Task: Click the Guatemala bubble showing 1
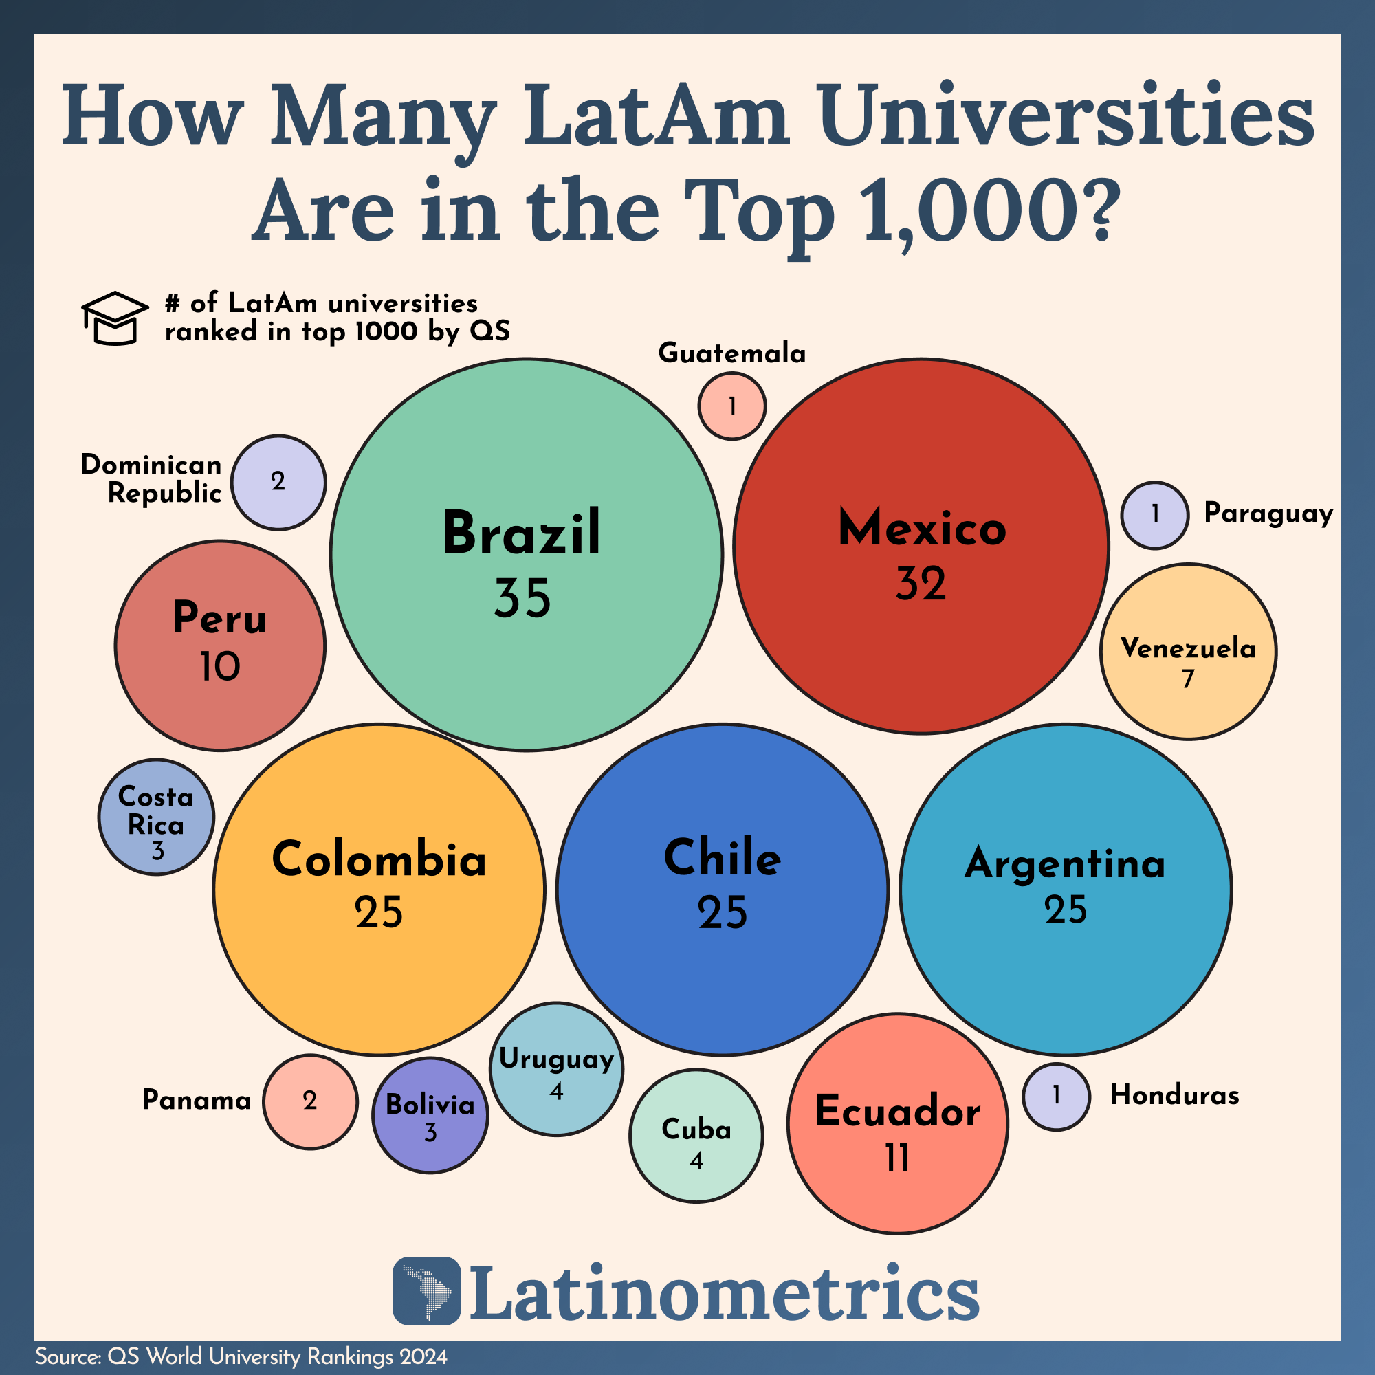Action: (731, 406)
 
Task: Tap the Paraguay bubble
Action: (1154, 515)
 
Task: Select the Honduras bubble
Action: (1056, 1097)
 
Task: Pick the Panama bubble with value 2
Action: (309, 1101)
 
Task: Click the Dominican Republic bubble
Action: (278, 483)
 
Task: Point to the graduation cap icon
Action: (115, 318)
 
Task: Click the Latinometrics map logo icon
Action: (427, 1291)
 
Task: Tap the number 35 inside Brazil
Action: (522, 598)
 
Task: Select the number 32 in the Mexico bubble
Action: (921, 584)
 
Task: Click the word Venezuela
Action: (1188, 648)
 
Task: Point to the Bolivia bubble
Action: (430, 1115)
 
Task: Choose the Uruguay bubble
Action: (557, 1069)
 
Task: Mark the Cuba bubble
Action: (696, 1136)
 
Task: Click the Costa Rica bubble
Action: (156, 817)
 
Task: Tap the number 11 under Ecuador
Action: (896, 1158)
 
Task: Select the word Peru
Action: (220, 618)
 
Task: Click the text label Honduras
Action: (1174, 1095)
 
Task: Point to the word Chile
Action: (723, 857)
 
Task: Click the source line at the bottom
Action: (241, 1356)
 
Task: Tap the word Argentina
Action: (1065, 864)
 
